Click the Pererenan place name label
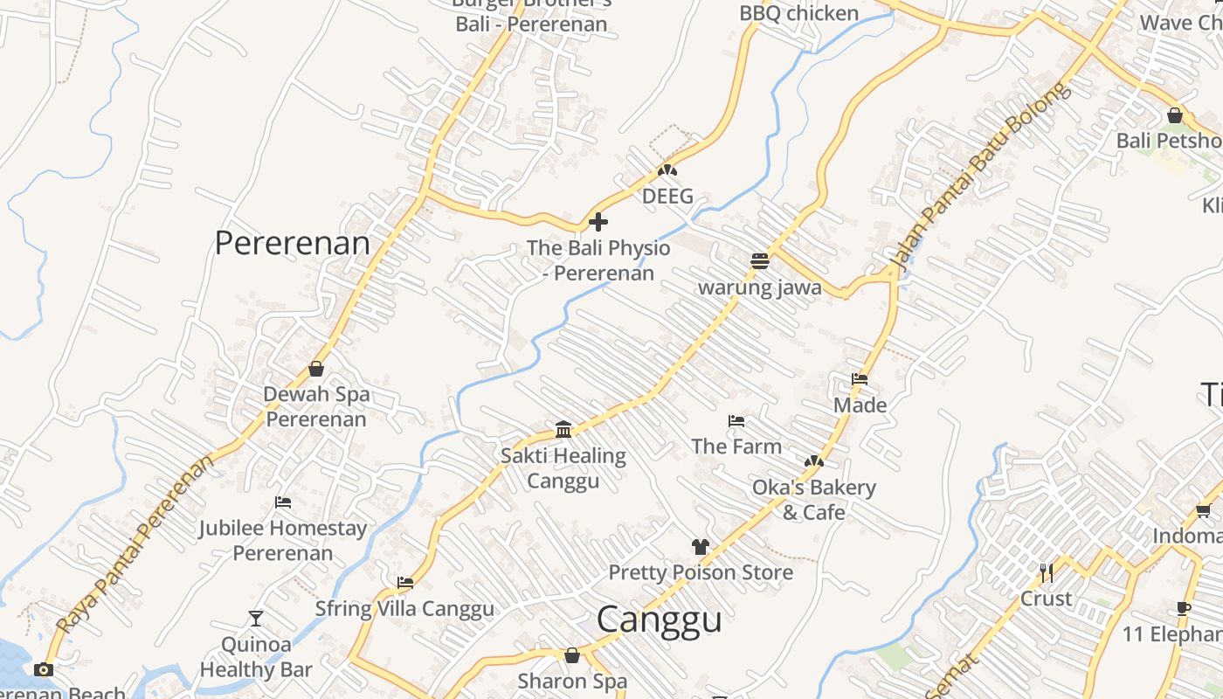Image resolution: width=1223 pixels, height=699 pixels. click(293, 243)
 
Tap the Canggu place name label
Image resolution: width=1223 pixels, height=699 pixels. click(659, 619)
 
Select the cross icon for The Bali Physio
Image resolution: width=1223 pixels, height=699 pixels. click(598, 221)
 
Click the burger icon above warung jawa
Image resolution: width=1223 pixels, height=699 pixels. click(760, 260)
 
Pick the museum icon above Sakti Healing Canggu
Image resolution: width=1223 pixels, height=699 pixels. click(563, 429)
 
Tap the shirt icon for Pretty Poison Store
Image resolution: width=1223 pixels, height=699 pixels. click(700, 547)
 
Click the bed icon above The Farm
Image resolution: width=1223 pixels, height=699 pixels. click(736, 421)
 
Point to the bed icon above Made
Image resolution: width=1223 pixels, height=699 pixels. click(860, 379)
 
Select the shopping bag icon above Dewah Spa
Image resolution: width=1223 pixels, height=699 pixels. click(316, 369)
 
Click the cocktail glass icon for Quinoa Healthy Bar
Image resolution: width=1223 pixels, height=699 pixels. click(255, 619)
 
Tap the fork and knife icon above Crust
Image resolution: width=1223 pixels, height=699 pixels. click(1046, 572)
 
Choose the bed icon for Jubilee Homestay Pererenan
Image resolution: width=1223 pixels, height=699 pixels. click(282, 502)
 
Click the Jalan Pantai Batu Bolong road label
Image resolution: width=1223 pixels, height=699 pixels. click(978, 175)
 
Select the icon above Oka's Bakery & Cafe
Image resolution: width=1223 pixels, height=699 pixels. click(813, 460)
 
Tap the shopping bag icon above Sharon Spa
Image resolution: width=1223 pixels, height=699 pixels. click(572, 654)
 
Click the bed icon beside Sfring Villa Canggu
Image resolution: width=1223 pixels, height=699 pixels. click(404, 582)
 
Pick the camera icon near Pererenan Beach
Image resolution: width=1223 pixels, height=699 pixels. click(43, 670)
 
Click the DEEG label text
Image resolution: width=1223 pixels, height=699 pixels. click(667, 197)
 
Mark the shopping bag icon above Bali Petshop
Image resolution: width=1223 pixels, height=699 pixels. click(1175, 115)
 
